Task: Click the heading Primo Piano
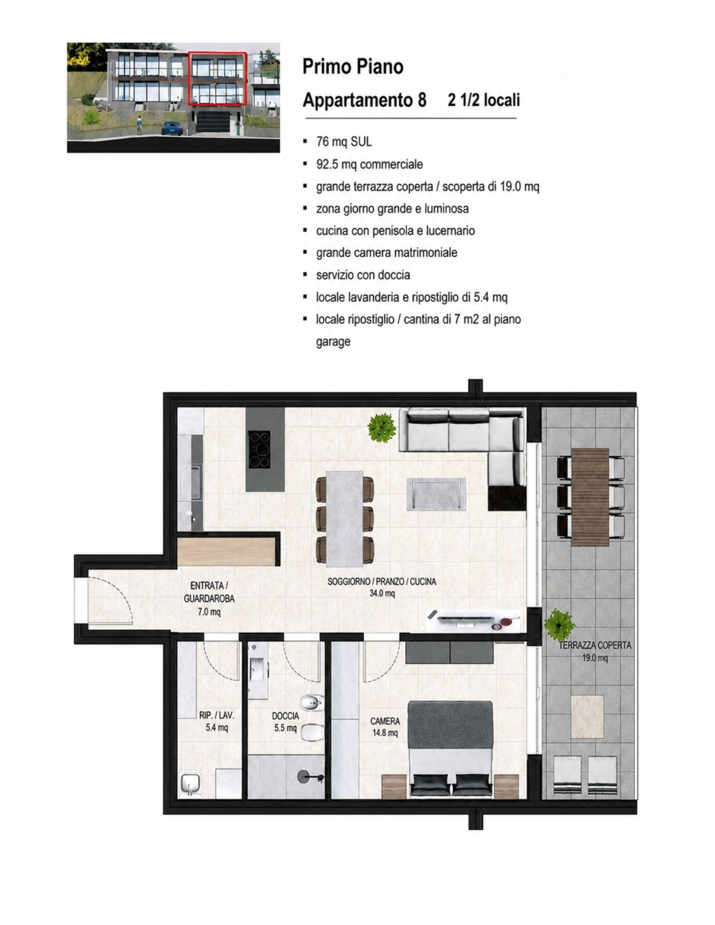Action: [353, 66]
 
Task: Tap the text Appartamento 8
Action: [364, 100]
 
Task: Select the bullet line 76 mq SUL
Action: [344, 142]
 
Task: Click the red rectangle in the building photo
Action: [217, 77]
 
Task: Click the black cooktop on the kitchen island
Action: [258, 450]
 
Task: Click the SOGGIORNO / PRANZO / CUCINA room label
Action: [382, 588]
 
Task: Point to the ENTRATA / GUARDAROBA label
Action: [209, 599]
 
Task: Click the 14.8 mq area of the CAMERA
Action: [385, 733]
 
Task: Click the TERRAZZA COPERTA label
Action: [594, 645]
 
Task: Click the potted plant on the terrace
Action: [559, 625]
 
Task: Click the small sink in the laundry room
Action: [191, 782]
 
